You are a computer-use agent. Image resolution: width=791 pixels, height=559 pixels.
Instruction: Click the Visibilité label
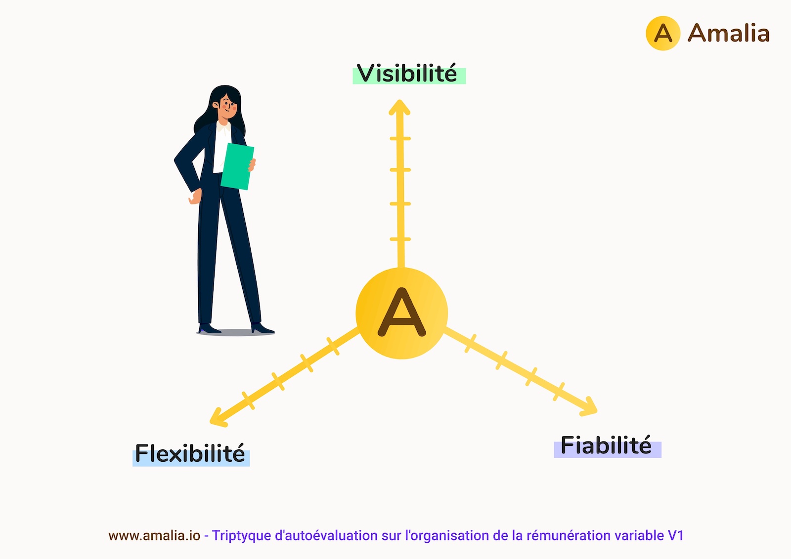[x=407, y=73]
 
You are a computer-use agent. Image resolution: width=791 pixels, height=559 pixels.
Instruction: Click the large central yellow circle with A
[x=401, y=313]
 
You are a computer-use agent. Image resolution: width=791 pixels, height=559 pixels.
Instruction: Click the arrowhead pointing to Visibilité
[x=399, y=107]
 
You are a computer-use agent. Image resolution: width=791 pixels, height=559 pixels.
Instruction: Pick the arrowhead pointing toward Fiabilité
[x=589, y=407]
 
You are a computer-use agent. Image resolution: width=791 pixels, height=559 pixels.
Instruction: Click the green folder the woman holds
[x=237, y=166]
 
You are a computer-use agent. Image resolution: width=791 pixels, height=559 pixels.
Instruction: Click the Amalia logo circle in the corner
[x=663, y=33]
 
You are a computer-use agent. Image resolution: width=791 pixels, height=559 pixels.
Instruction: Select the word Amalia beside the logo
[x=729, y=33]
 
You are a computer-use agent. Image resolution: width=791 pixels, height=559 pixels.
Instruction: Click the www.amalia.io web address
[x=154, y=535]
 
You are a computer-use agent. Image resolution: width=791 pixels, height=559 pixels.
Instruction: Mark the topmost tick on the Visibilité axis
[x=400, y=139]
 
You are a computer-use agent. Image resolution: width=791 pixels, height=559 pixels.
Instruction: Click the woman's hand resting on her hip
[x=195, y=197]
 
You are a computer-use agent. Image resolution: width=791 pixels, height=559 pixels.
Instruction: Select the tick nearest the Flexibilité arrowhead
[x=248, y=400]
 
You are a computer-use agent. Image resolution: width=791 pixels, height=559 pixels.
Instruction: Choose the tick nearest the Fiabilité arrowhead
[x=558, y=392]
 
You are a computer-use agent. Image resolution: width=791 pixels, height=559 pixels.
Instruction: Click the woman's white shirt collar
[x=224, y=127]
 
